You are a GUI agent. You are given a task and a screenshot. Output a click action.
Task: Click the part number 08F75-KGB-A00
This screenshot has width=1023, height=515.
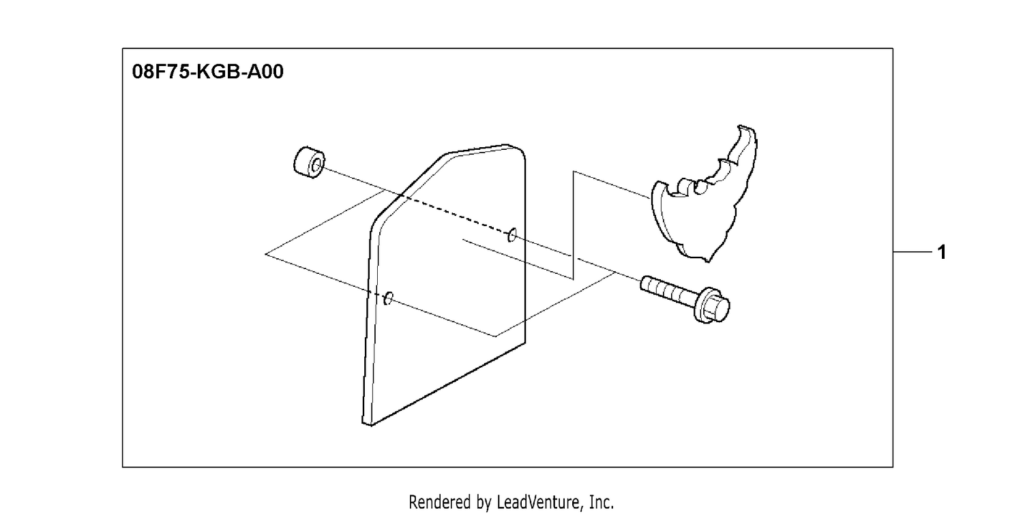click(x=208, y=72)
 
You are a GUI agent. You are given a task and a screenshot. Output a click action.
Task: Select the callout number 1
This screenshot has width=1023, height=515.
click(x=942, y=252)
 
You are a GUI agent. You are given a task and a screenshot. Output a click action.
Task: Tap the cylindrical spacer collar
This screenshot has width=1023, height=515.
click(x=309, y=162)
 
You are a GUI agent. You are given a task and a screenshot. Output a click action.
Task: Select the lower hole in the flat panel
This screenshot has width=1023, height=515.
click(x=389, y=298)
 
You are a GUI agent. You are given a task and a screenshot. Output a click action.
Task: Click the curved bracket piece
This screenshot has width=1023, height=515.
click(x=703, y=194)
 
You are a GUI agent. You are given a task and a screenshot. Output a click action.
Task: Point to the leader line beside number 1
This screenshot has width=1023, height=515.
click(x=913, y=252)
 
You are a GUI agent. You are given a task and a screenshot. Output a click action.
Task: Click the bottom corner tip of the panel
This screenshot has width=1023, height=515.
click(x=371, y=426)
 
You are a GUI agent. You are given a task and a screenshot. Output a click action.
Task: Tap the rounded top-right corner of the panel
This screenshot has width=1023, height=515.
click(x=520, y=150)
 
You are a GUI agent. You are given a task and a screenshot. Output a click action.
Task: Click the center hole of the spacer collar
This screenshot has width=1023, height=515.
click(x=316, y=166)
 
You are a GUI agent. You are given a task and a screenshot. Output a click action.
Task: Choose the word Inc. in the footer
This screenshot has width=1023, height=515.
click(x=602, y=502)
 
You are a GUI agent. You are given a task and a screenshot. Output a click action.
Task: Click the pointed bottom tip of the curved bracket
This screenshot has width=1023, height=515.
click(x=707, y=261)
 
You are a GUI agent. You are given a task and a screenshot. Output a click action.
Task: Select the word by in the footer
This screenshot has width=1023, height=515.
click(x=484, y=503)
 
